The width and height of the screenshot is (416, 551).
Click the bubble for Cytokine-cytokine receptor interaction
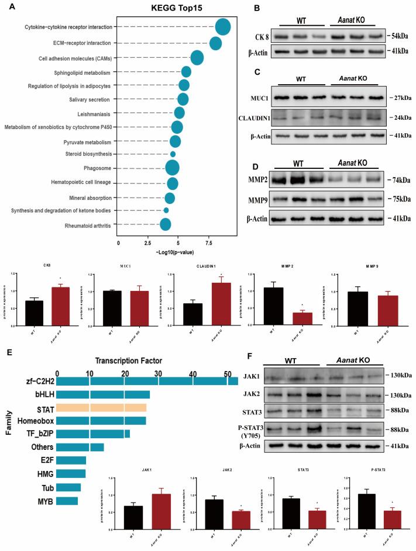click(x=223, y=27)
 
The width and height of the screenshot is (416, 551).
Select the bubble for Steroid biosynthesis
click(x=173, y=154)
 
